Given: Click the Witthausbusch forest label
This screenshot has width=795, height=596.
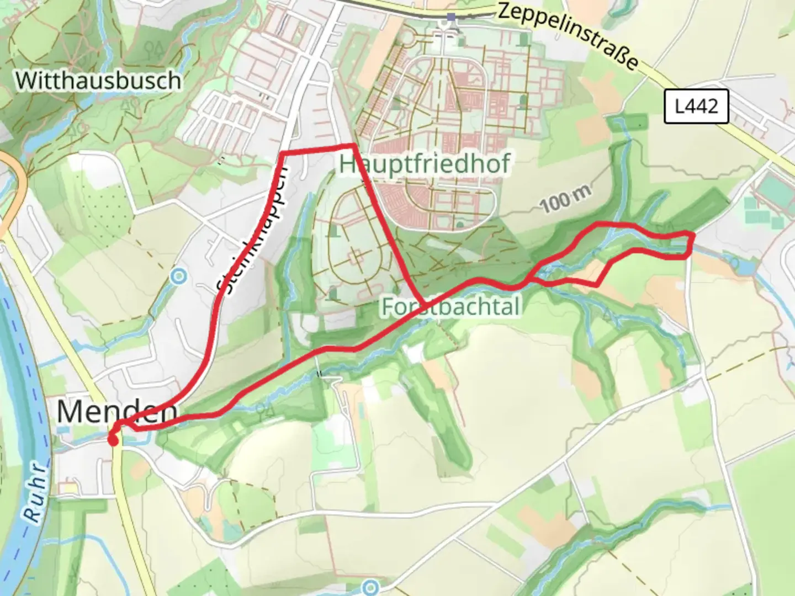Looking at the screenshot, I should pos(98,81).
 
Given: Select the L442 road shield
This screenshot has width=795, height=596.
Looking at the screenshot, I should pos(696,105).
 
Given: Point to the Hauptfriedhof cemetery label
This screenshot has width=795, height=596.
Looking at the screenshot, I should pos(425,164).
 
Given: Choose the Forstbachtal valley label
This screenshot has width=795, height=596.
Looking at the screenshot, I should pos(451,307).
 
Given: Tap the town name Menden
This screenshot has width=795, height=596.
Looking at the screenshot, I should pos(117,411).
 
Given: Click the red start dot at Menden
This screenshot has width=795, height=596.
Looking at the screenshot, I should pos(113,440).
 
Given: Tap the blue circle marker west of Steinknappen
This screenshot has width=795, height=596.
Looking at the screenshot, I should pos(178,276).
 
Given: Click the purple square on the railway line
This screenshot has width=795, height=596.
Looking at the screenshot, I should pos(452,18).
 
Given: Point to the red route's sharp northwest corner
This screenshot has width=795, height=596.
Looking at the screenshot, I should pos(283,152).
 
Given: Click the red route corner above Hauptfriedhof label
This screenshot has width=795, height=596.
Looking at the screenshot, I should pos(353,146).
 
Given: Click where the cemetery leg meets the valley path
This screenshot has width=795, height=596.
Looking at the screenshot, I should pos(425,304).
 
